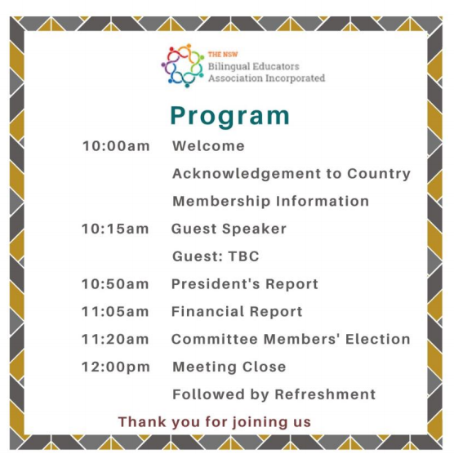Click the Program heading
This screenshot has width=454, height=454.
[229, 115]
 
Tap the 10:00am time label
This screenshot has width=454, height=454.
[116, 147]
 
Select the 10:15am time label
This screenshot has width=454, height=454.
[115, 229]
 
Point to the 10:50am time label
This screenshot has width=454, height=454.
[115, 284]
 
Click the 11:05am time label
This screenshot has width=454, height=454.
[115, 312]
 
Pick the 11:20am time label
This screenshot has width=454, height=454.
[115, 339]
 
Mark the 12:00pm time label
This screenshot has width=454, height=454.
[115, 367]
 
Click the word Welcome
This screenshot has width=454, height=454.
[208, 147]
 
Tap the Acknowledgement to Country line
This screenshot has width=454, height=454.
[291, 174]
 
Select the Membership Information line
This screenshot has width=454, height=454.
[270, 201]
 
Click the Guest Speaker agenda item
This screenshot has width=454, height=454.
[229, 229]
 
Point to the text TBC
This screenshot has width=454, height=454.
[243, 256]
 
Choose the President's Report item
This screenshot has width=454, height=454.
[244, 284]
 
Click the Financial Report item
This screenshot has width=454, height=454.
[237, 312]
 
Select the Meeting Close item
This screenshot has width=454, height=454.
[229, 367]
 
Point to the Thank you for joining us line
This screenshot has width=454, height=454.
[215, 422]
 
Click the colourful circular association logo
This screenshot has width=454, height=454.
[182, 66]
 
